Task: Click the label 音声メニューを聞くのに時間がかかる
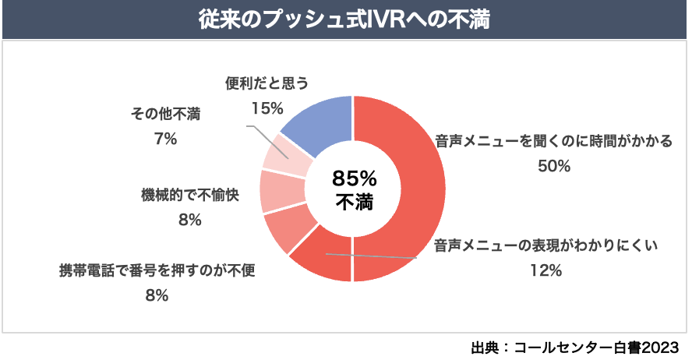click(554, 143)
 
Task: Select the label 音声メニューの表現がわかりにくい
click(546, 247)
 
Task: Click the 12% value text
click(545, 270)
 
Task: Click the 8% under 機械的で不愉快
click(189, 220)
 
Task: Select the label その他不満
click(164, 115)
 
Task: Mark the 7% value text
click(166, 139)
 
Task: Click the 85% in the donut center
click(354, 177)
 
